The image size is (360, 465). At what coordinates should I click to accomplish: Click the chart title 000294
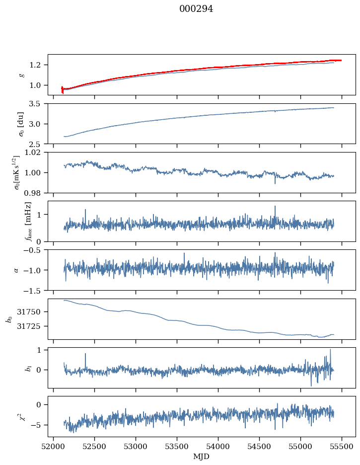(196, 9)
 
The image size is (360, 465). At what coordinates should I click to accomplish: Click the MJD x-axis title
(201, 457)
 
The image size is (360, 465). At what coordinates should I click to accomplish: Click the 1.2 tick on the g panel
(38, 65)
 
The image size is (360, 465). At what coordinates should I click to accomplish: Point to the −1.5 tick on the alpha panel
(34, 290)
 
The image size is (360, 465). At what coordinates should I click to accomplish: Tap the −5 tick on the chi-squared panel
(38, 425)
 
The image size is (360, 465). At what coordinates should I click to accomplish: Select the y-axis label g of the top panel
(21, 75)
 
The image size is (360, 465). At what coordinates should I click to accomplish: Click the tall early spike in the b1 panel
(85, 355)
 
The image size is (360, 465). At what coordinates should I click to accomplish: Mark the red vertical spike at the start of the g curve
(63, 89)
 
